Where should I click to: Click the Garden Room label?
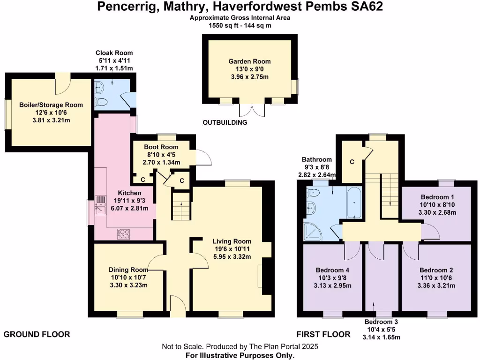pyautogui.click(x=249, y=61)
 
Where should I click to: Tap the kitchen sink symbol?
pyautogui.click(x=101, y=204)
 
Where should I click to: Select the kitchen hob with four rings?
pyautogui.click(x=124, y=233)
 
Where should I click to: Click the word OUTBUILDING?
pyautogui.click(x=225, y=123)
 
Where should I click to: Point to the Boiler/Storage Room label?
pyautogui.click(x=51, y=105)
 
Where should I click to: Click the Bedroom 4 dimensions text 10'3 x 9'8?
pyautogui.click(x=333, y=278)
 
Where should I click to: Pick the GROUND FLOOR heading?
pyautogui.click(x=37, y=334)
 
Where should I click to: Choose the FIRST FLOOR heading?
pyautogui.click(x=323, y=334)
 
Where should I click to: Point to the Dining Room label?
pyautogui.click(x=128, y=270)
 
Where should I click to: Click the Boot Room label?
pyautogui.click(x=161, y=147)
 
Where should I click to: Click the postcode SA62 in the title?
pyautogui.click(x=367, y=7)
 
